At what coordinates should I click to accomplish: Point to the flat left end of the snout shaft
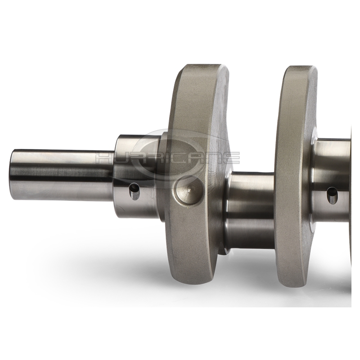[x=12, y=175]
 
